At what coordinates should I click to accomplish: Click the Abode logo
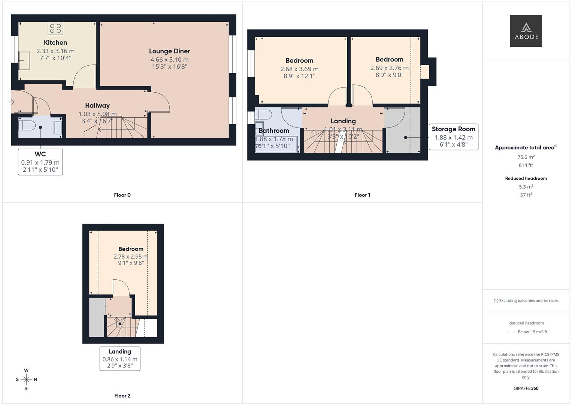point(526,31)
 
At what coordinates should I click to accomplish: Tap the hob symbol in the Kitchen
point(55,28)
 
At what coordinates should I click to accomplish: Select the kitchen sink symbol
point(25,60)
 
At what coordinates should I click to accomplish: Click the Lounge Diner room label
point(169,51)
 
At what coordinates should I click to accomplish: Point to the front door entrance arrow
point(12,102)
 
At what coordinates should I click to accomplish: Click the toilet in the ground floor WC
point(27,124)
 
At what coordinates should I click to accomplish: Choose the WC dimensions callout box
point(40,162)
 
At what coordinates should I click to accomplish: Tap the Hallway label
point(97,106)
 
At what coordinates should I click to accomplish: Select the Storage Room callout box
point(453,137)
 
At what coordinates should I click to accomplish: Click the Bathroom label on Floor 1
point(274,131)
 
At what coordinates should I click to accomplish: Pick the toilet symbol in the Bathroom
point(263,114)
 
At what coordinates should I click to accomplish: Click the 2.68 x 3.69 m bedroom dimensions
point(299,69)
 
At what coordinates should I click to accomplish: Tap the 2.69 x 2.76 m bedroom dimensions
point(389,68)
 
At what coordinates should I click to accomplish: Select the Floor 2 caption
point(122,396)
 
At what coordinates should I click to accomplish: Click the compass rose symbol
point(26,379)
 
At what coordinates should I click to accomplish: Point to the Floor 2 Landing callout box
point(120,358)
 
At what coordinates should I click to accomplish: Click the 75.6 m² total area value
point(526,157)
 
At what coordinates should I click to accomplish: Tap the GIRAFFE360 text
point(526,388)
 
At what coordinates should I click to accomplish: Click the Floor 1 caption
point(362,195)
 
